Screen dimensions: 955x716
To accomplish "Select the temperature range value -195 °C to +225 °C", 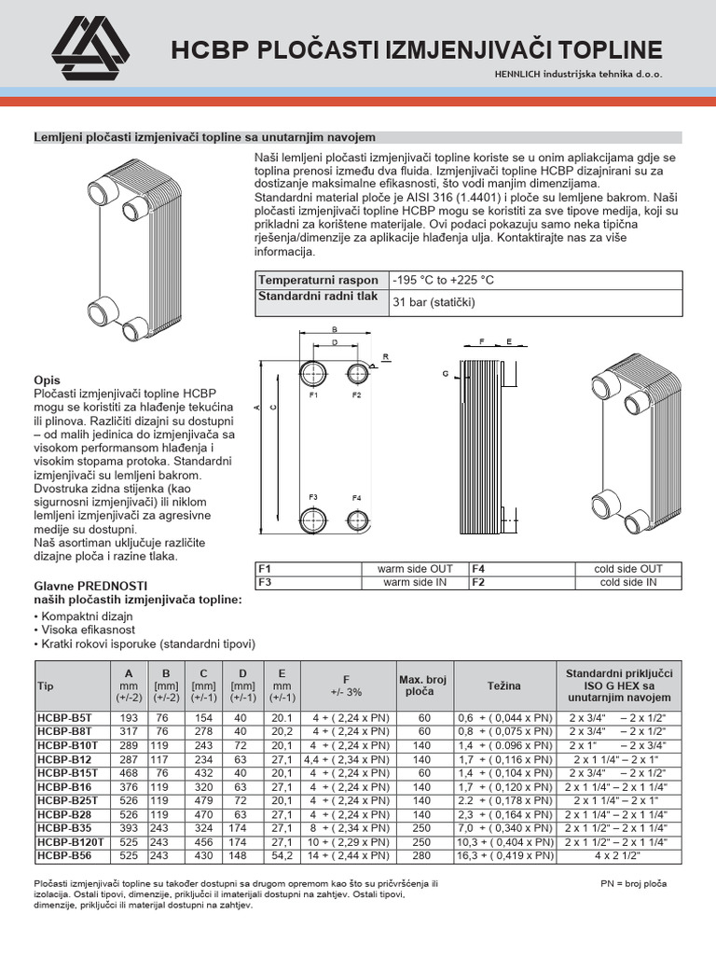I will tap(443, 280).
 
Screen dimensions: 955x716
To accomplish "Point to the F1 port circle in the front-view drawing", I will tap(313, 373).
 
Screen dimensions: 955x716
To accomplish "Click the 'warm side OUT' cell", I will tap(415, 569).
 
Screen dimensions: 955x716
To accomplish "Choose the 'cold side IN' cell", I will tap(628, 582).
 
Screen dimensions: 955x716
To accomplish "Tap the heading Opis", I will tap(48, 381).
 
